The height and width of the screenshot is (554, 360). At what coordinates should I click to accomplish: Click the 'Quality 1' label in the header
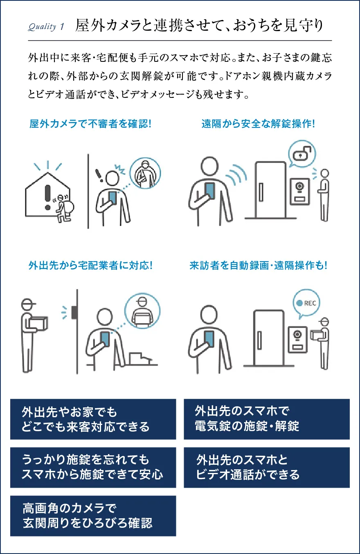tap(46, 27)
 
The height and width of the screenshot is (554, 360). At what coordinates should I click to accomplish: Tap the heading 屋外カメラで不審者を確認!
tap(90, 124)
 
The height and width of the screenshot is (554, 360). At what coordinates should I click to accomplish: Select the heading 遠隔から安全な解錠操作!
tap(258, 124)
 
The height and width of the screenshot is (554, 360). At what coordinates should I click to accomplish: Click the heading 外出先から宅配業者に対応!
tap(90, 265)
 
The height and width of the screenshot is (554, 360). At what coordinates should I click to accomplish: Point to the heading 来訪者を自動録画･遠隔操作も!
tap(258, 265)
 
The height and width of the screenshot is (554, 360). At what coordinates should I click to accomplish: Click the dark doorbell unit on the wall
tap(75, 312)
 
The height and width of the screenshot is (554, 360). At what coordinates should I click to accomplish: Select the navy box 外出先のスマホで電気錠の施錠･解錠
tap(267, 419)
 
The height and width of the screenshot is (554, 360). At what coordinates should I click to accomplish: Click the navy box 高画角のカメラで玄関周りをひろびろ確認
tap(93, 516)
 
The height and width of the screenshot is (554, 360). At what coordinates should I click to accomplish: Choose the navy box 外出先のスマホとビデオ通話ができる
tap(267, 468)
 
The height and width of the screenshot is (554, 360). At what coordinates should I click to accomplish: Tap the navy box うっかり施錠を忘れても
tap(93, 468)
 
